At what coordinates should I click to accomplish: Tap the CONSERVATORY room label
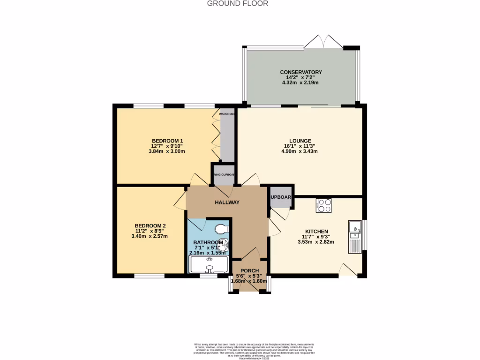(300, 72)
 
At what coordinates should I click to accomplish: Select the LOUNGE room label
(300, 141)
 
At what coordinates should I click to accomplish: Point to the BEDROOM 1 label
(167, 141)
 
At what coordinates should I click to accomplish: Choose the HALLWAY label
(227, 202)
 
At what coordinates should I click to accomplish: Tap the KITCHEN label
(316, 232)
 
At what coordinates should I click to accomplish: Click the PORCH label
(249, 271)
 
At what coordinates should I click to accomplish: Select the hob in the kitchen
(324, 205)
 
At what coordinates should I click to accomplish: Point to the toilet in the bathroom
(221, 229)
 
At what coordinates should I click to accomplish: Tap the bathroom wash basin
(226, 244)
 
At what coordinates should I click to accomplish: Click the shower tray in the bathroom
(208, 264)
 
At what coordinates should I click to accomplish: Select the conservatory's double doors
(323, 42)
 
